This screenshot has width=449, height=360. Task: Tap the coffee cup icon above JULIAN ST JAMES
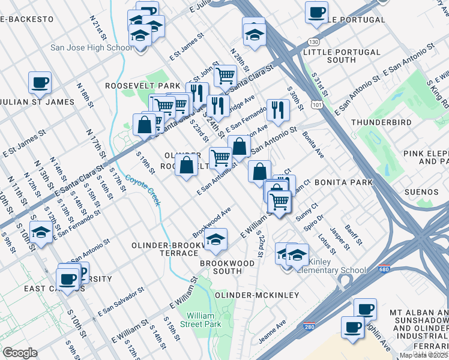40,82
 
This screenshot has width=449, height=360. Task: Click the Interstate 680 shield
384,271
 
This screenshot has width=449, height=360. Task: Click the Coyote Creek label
143,191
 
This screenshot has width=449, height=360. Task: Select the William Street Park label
203,320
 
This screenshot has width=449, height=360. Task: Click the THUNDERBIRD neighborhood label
381,122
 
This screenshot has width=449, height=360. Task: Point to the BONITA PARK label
340,182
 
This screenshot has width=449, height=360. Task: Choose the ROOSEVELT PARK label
134,86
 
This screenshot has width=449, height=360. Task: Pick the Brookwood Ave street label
211,222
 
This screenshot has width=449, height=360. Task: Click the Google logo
20,352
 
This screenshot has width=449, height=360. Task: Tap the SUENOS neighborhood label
421,192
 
